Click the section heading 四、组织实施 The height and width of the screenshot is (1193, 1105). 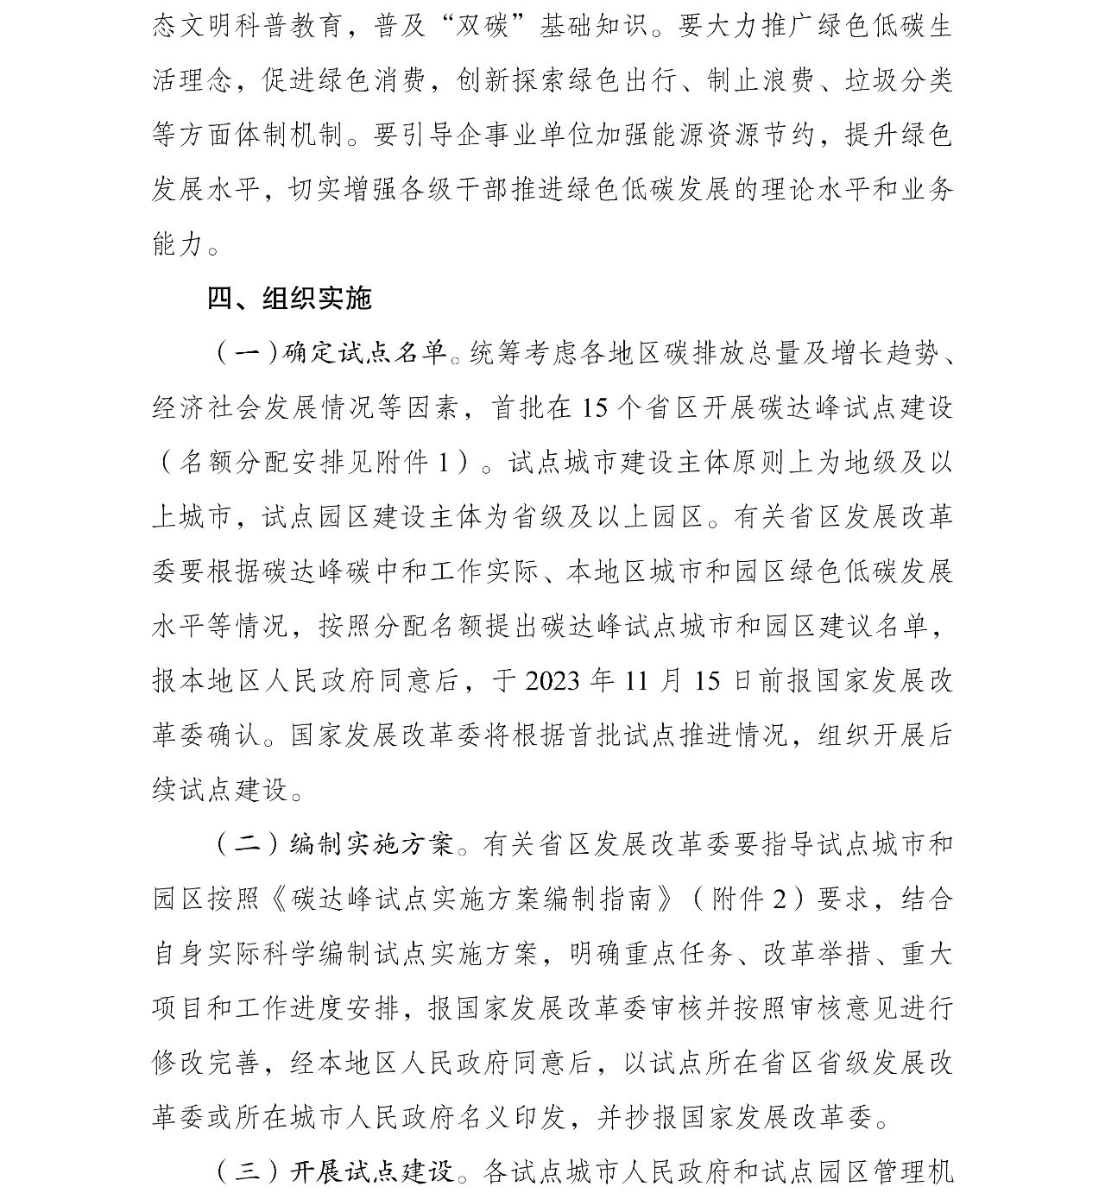coord(289,299)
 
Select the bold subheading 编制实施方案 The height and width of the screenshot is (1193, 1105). coord(371,843)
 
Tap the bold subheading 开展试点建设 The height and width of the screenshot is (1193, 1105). coord(371,1171)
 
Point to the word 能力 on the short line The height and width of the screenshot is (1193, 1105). coord(178,243)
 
